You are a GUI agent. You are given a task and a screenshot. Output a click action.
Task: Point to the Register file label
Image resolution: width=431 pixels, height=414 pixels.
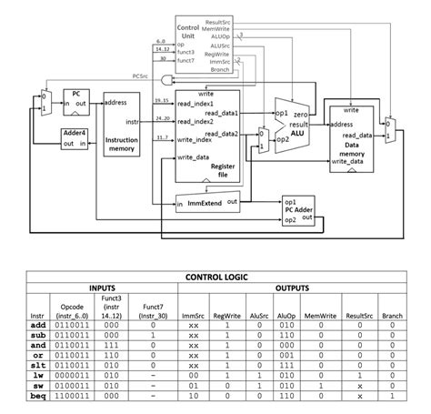click(223, 170)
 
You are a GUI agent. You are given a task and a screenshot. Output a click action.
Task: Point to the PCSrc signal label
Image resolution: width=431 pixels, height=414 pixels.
click(140, 76)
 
